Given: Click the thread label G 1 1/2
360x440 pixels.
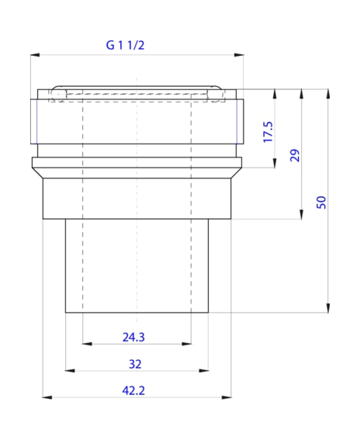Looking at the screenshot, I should [x=126, y=44].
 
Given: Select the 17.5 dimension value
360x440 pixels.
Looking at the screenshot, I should [x=268, y=130].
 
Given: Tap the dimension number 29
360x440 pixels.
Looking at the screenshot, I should [x=294, y=154].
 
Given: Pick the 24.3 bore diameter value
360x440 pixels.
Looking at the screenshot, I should [x=133, y=336].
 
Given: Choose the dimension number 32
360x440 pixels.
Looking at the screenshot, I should [x=135, y=363].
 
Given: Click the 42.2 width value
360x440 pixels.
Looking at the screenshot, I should [x=133, y=390].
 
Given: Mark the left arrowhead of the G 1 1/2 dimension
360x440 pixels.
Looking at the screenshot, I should [x=35, y=54].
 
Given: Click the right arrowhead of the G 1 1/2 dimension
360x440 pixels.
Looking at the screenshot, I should [x=238, y=54].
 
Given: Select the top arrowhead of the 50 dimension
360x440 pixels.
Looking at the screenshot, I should [x=330, y=93].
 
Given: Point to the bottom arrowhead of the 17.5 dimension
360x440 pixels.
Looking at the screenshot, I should [x=275, y=163].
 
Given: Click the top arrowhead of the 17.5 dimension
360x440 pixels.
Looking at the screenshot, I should [x=275, y=93].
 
